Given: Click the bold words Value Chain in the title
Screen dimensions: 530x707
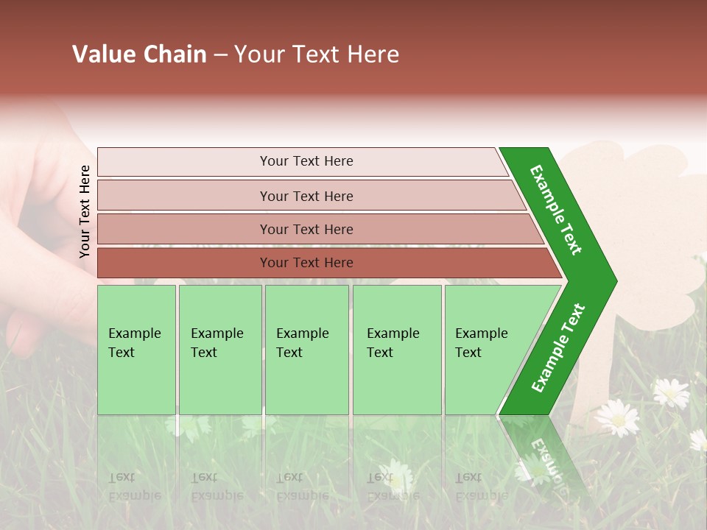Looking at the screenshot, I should (x=139, y=54).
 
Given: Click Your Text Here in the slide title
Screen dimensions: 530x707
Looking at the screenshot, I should (x=317, y=54).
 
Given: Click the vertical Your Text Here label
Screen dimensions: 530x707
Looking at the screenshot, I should (x=85, y=211).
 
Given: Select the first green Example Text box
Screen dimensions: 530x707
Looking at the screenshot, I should (x=136, y=348).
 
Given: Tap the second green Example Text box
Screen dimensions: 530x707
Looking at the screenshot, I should (x=219, y=348).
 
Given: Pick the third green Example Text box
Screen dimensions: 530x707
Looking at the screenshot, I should (x=306, y=348).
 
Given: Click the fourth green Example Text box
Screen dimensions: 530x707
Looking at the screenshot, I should (x=396, y=348).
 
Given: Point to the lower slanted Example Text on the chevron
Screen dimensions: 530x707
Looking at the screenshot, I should (x=558, y=347).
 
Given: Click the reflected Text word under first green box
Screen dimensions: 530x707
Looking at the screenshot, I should (x=122, y=477).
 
